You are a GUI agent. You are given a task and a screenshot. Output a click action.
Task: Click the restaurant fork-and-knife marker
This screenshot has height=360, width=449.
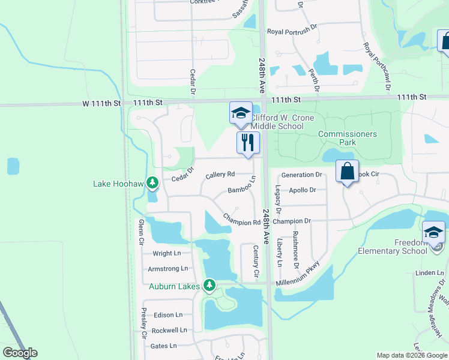click(x=247, y=143)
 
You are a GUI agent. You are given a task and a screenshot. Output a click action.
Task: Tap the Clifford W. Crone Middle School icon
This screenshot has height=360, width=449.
click(x=240, y=113)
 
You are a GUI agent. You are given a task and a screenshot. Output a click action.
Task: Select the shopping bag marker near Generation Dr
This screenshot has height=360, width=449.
click(x=347, y=172)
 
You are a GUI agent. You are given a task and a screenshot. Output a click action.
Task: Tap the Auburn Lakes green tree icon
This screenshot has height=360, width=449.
click(x=209, y=285)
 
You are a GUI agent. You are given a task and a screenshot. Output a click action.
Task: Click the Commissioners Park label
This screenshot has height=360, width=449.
click(x=348, y=138)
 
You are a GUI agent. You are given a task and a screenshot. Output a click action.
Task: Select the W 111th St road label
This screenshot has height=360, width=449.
click(x=101, y=103)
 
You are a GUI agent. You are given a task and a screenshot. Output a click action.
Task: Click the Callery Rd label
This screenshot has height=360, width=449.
click(x=220, y=175)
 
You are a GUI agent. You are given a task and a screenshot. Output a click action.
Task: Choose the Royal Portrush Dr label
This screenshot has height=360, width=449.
click(x=292, y=31)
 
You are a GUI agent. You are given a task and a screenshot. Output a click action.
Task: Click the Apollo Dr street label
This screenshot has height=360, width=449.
click(x=302, y=190)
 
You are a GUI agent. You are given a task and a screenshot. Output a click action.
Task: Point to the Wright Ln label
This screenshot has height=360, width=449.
click(x=166, y=254)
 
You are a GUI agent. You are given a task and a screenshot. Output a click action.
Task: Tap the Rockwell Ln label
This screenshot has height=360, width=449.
click(x=169, y=330)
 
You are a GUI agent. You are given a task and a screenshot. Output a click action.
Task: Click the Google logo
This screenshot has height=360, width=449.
click(x=20, y=353)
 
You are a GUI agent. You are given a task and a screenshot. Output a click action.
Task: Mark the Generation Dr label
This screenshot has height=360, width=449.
click(x=301, y=175)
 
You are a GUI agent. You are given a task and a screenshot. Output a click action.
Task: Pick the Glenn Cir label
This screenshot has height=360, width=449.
click(x=141, y=233)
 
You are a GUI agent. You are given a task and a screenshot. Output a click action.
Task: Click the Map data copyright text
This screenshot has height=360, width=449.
click(x=412, y=355)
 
